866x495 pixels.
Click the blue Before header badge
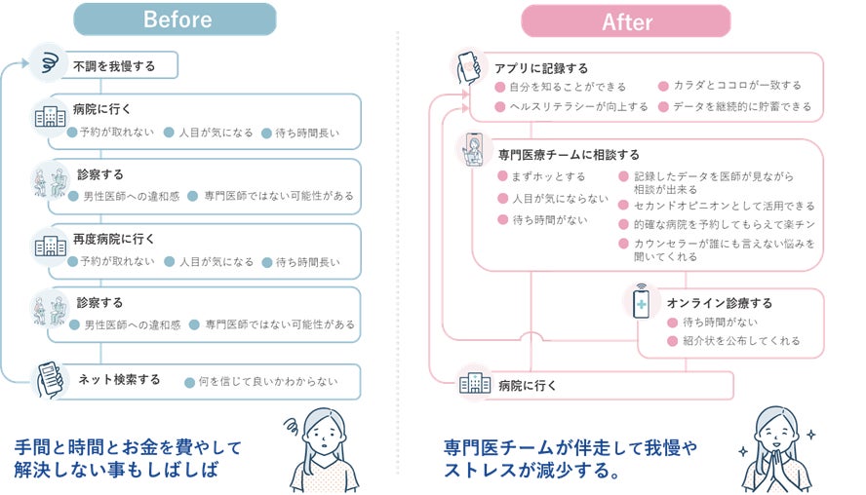pos(175,19)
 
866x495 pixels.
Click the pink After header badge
pos(625,20)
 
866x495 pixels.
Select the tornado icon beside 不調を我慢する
pos(47,61)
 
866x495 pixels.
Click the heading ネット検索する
pos(119,379)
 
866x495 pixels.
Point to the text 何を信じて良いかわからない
pos(268,381)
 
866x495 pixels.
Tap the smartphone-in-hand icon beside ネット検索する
pos(50,377)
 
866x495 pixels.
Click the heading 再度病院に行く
pos(114,239)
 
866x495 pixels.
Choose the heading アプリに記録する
pos(541,68)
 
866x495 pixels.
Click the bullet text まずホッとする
pos(549,176)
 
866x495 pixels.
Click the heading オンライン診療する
pos(720,303)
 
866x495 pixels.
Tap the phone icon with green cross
pos(642,303)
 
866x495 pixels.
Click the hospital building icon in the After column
pos(475,384)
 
